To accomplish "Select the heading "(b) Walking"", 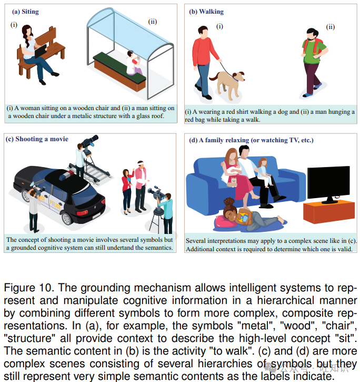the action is [x=206, y=11].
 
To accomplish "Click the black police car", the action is [x=58, y=192].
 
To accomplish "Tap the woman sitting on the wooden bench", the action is [x=29, y=50].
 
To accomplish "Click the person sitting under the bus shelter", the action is [x=133, y=62].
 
